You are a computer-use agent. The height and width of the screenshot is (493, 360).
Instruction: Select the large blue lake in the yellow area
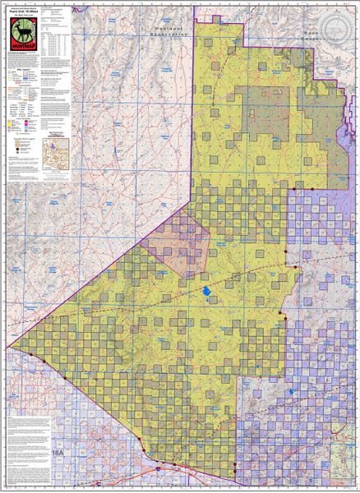click(204, 293)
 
